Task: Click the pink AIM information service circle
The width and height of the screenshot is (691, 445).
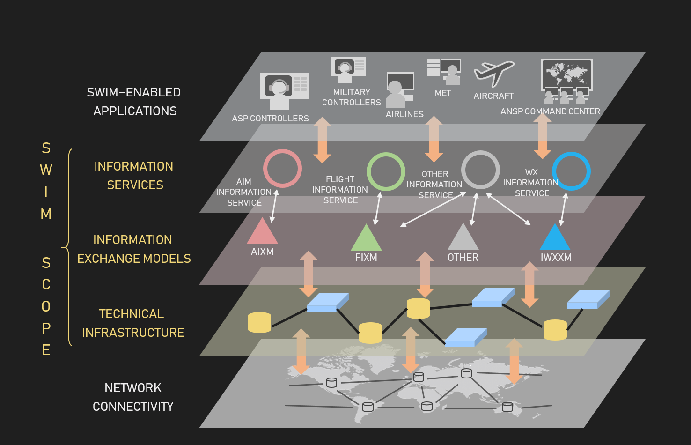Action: (x=282, y=168)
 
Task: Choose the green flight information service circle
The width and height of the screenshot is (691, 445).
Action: (x=386, y=171)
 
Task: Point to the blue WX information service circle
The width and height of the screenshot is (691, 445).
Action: (x=571, y=171)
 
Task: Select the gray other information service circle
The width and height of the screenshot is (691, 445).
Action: (x=480, y=170)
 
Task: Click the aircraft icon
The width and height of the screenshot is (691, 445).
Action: (x=494, y=73)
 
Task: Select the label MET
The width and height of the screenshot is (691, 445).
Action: (x=443, y=93)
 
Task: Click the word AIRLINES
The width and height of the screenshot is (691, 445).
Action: (x=404, y=114)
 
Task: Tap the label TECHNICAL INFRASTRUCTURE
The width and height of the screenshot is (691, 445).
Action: (x=133, y=323)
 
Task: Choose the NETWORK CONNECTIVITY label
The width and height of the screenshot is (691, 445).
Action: (x=133, y=397)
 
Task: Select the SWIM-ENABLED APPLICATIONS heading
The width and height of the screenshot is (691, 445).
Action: (x=134, y=102)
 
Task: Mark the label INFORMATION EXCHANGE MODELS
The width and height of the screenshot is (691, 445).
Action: (x=134, y=249)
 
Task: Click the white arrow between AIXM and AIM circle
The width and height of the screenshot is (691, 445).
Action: (x=274, y=206)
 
